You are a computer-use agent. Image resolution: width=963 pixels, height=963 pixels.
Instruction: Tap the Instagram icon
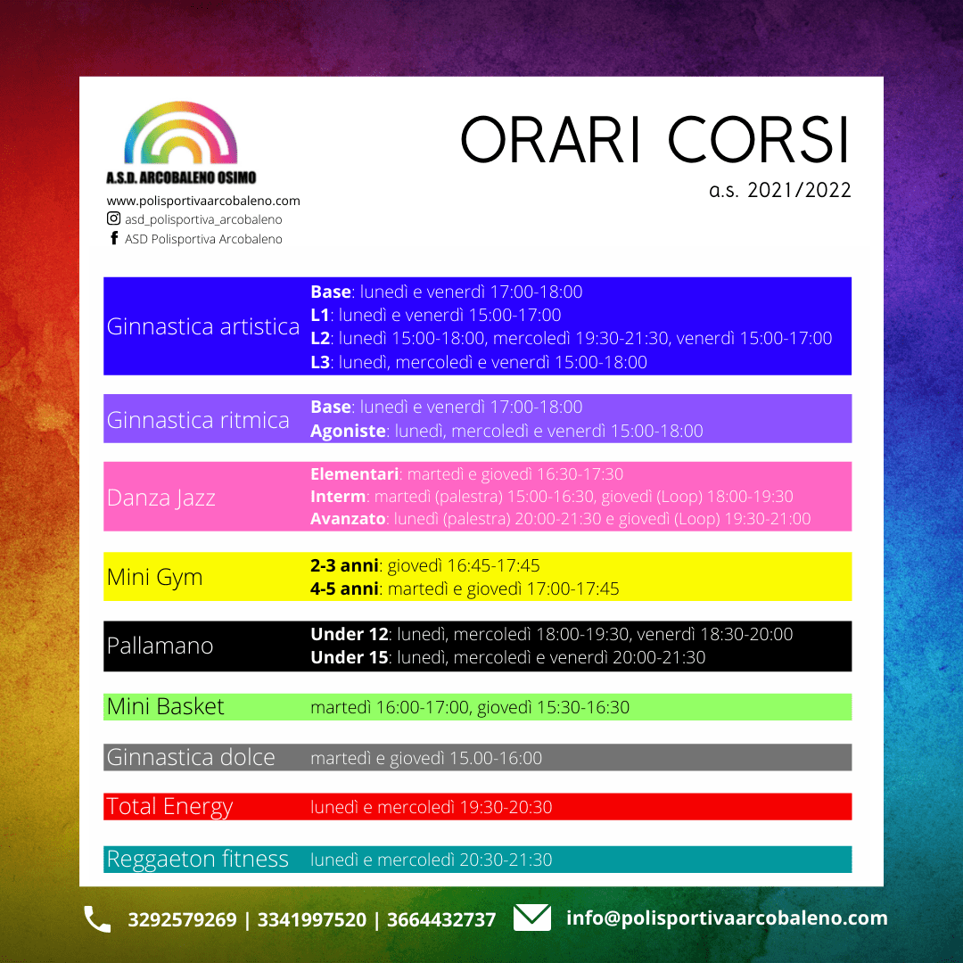point(113,218)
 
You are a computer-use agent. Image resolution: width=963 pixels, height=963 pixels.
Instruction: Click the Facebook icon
point(114,238)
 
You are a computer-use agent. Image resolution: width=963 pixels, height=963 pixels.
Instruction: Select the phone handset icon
point(97,918)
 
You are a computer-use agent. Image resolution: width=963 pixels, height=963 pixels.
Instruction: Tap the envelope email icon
point(531,918)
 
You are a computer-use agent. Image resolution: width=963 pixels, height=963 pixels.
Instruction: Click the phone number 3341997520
point(311,919)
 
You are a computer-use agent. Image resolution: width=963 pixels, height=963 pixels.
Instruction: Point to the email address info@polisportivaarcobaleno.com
point(727,918)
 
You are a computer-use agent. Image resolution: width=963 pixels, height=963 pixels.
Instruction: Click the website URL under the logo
point(203,201)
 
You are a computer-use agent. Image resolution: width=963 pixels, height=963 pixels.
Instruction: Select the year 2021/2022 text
point(799,191)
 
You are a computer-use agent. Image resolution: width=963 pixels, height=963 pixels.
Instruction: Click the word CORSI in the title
point(759,139)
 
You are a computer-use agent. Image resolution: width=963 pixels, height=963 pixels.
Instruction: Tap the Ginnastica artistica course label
point(203,326)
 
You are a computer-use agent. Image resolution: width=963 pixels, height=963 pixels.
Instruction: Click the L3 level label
point(320,362)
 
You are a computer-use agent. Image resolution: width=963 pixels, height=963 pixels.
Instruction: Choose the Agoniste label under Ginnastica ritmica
point(348,432)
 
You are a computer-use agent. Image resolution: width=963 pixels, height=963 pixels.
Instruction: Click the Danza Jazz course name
point(160,498)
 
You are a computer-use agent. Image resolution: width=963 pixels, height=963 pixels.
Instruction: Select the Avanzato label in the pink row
point(348,519)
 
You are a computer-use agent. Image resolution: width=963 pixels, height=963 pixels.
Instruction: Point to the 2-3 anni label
point(344,565)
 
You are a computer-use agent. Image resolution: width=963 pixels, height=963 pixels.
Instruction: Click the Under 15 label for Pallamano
point(350,658)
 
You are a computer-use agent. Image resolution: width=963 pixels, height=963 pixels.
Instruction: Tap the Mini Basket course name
point(165,707)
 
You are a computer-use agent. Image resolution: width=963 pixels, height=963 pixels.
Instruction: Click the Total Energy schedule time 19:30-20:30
point(506,807)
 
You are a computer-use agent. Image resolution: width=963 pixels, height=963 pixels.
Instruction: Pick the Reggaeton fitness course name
point(197,860)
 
